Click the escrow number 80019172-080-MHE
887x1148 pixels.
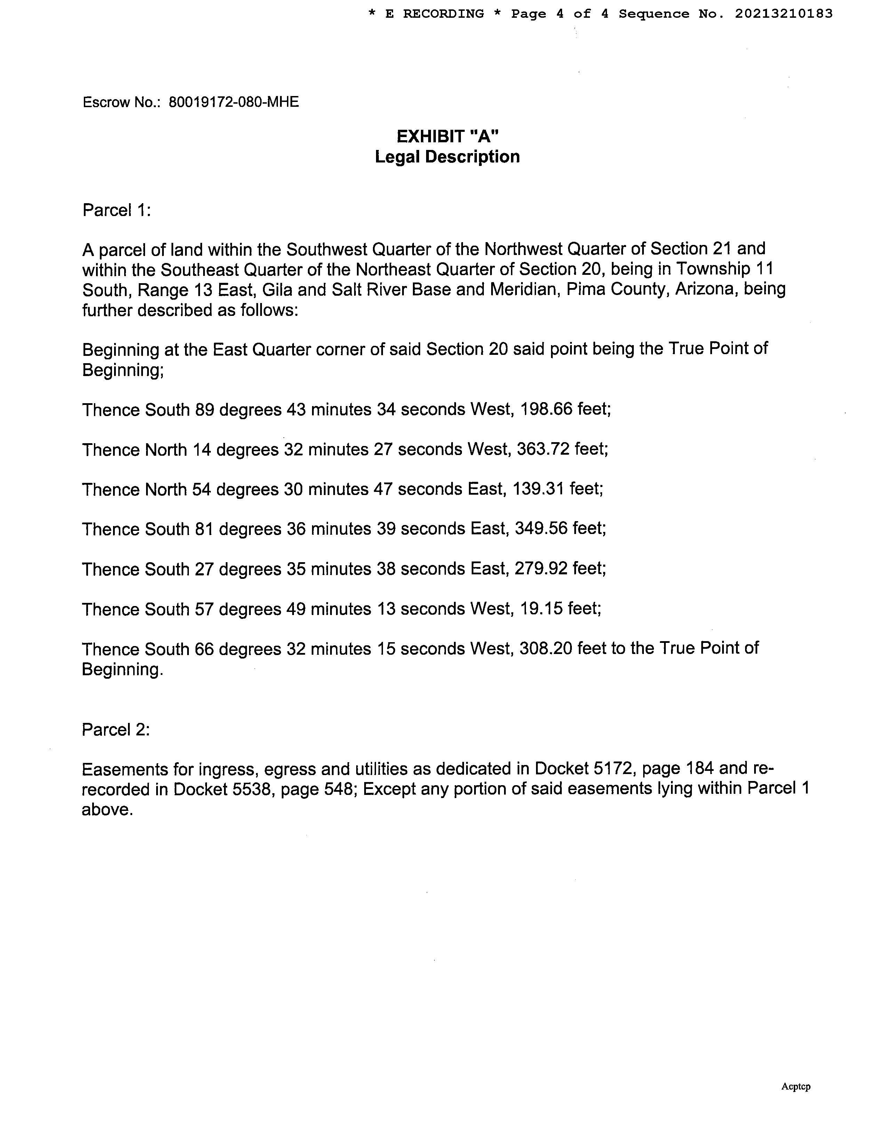(233, 102)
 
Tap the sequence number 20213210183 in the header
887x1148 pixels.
(783, 14)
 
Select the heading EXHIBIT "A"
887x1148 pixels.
(447, 137)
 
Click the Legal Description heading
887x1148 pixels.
(447, 157)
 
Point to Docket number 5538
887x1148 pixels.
(250, 790)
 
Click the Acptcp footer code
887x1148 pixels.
(796, 1086)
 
